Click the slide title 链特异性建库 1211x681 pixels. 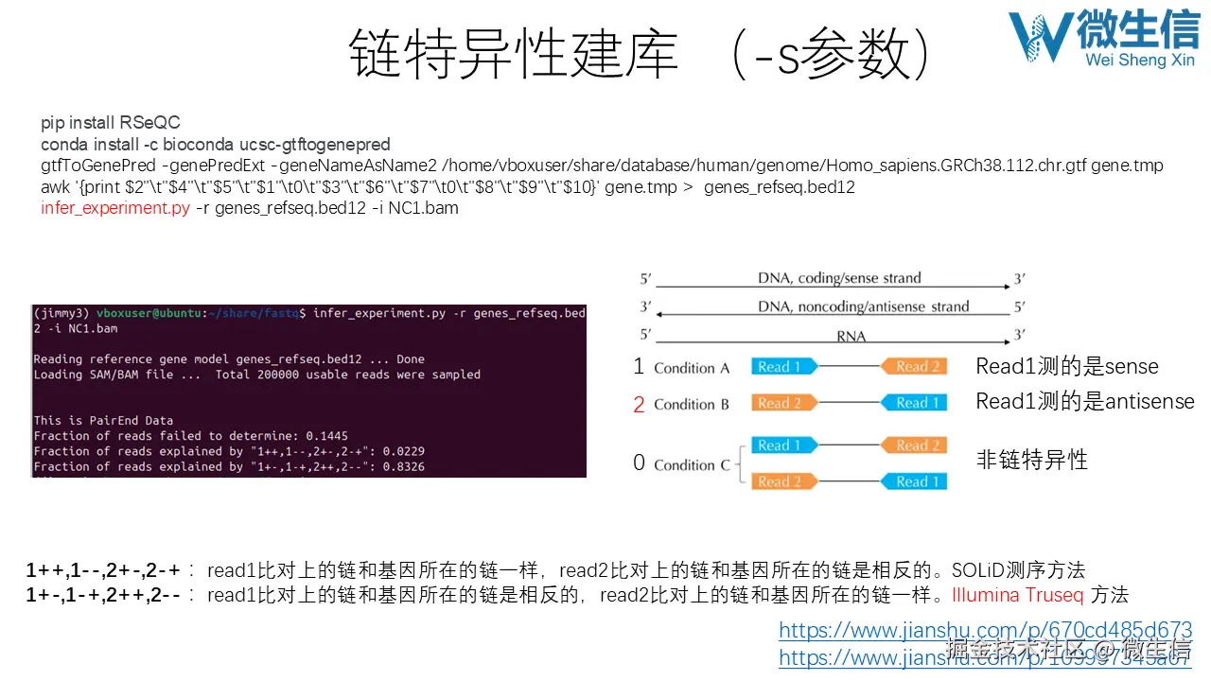click(x=514, y=53)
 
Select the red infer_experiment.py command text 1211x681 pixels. click(x=115, y=208)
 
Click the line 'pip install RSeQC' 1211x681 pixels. click(x=110, y=123)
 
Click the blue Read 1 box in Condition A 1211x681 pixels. click(x=783, y=367)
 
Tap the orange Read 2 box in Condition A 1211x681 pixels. click(x=914, y=367)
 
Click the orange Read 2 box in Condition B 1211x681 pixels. click(x=783, y=403)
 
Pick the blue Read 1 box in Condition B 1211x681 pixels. click(x=914, y=403)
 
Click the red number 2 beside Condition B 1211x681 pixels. click(x=639, y=405)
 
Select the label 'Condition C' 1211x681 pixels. click(x=692, y=464)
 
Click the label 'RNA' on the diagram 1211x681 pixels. click(x=851, y=336)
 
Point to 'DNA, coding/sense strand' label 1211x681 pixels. click(x=839, y=278)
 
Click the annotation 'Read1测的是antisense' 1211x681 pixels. click(x=1085, y=402)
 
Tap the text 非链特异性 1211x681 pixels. click(x=1031, y=461)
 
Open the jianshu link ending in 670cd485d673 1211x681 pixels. click(x=985, y=630)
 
